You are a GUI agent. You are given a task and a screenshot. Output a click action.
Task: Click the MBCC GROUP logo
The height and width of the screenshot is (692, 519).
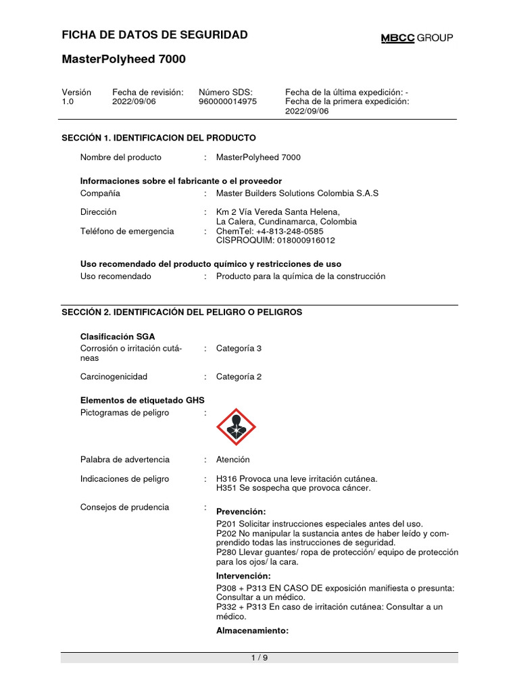[x=416, y=38]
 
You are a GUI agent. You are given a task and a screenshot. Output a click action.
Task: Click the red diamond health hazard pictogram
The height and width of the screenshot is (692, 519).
[x=236, y=426]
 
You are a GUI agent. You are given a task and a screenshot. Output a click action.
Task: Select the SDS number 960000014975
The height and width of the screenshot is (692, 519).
[x=228, y=101]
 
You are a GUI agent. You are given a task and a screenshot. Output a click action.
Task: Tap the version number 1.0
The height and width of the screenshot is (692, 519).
[x=68, y=101]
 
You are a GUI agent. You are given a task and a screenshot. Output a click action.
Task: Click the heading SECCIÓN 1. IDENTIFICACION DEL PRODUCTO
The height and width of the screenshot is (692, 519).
[x=159, y=138]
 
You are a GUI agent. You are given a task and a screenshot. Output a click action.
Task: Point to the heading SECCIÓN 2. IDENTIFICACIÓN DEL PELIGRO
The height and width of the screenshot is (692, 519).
[x=182, y=312]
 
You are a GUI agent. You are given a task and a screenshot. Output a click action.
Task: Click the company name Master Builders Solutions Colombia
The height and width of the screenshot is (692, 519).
[x=297, y=193]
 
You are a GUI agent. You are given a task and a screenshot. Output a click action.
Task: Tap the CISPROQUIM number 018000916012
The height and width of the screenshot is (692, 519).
[x=299, y=241]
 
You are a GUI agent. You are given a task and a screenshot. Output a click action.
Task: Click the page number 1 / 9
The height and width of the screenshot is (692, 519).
[x=259, y=659]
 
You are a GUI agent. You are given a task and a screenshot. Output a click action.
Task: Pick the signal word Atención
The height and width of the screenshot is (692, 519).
[x=232, y=460]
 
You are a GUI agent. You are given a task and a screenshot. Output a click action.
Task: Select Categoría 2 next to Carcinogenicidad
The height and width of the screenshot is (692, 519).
[x=239, y=376]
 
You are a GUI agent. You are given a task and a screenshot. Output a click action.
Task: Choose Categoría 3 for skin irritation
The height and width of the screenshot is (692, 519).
[x=239, y=348]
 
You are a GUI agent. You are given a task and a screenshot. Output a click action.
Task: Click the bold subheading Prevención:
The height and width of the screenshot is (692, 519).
[x=241, y=511]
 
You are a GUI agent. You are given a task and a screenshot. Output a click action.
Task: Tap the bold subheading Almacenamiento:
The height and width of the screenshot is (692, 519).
[x=252, y=631]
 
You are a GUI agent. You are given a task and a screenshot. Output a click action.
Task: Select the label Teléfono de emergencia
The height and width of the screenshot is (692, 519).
[x=127, y=231]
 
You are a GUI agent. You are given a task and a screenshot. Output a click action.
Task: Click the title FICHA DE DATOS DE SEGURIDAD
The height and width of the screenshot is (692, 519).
[x=155, y=35]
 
